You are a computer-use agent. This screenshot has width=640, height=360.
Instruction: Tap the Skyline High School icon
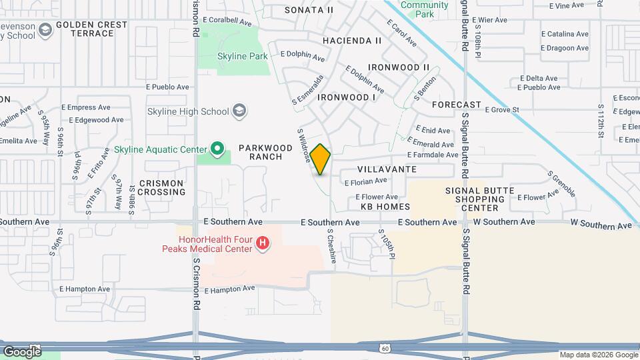pyautogui.click(x=239, y=111)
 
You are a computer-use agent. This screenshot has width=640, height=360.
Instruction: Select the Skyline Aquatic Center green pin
pyautogui.click(x=217, y=149)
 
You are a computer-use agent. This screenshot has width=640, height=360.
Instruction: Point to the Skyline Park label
pyautogui.click(x=243, y=57)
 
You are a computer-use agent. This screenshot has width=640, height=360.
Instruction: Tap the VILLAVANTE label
pyautogui.click(x=387, y=169)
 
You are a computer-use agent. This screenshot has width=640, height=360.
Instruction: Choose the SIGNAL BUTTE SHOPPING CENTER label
pyautogui.click(x=480, y=199)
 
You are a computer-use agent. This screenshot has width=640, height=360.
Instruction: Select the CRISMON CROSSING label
pyautogui.click(x=158, y=187)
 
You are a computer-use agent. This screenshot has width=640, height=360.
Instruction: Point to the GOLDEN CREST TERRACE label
pyautogui.click(x=91, y=29)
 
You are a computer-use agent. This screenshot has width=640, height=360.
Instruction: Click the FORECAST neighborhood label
pyautogui.click(x=456, y=105)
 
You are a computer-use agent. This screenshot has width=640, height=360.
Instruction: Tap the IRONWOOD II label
pyautogui.click(x=399, y=67)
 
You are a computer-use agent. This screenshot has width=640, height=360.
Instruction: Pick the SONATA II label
pyautogui.click(x=309, y=10)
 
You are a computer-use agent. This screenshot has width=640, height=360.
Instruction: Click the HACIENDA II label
pyautogui.click(x=352, y=41)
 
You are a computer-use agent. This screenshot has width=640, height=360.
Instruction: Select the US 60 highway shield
pyautogui.click(x=385, y=348)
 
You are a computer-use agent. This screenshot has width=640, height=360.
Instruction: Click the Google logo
pyautogui.click(x=22, y=351)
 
